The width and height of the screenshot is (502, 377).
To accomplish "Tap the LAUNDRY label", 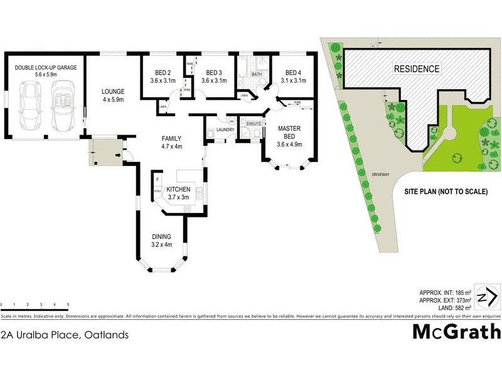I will tap(225, 131).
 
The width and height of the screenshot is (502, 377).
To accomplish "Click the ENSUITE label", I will tap(254, 124).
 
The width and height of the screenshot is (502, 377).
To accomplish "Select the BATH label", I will tap(257, 75).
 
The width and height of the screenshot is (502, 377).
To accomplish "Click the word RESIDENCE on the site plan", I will tap(417, 68).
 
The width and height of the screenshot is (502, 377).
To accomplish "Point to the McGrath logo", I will tap(456, 332).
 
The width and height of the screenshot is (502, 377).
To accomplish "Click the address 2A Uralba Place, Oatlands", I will tap(65, 335).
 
